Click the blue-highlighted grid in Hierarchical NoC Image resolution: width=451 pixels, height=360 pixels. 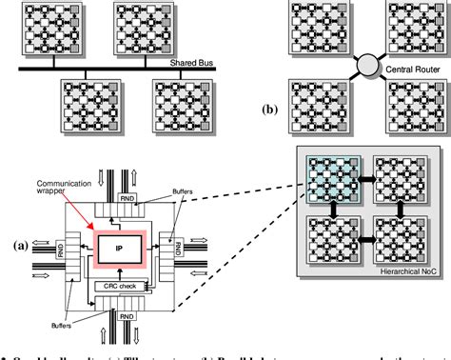[x=328, y=178]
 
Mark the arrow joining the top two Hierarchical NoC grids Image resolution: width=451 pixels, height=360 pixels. [x=367, y=178]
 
